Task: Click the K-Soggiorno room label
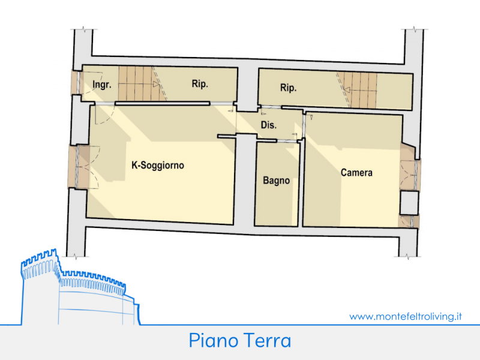pyautogui.click(x=158, y=166)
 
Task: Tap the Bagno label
pyautogui.click(x=277, y=181)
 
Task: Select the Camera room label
pyautogui.click(x=356, y=173)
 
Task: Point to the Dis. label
pyautogui.click(x=269, y=125)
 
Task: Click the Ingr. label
pyautogui.click(x=102, y=84)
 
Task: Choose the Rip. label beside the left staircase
pyautogui.click(x=200, y=83)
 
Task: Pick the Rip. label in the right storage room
pyautogui.click(x=289, y=88)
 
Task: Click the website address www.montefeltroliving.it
pyautogui.click(x=406, y=316)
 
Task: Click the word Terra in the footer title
pyautogui.click(x=267, y=340)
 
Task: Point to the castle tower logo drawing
pyautogui.click(x=80, y=287)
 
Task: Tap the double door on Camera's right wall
pyautogui.click(x=409, y=173)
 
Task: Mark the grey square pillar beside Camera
pyautogui.click(x=409, y=203)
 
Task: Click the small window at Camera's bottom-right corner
pyautogui.click(x=409, y=221)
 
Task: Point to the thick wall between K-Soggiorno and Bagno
pyautogui.click(x=245, y=181)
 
